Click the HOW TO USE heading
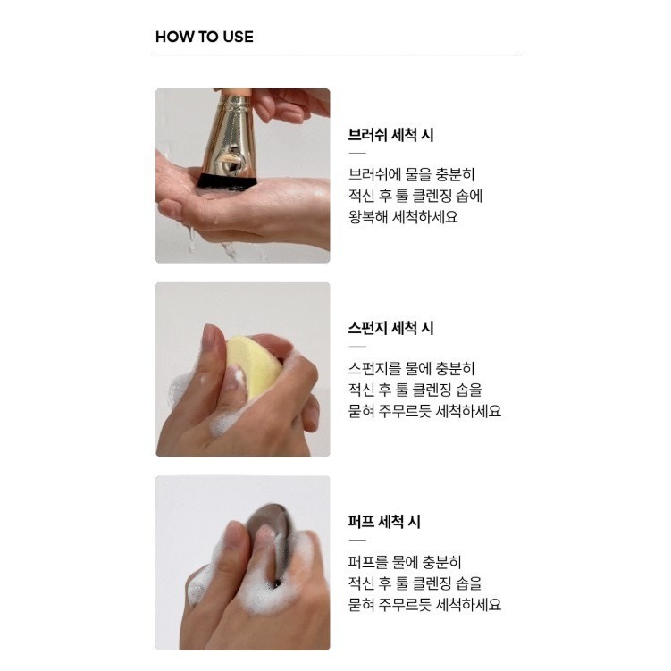tap(204, 37)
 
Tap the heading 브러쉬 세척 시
tap(390, 136)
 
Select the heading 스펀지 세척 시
tap(390, 328)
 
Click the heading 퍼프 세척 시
tap(384, 522)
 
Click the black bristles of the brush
tap(227, 181)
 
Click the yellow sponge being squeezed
tap(252, 365)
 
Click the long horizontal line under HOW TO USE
tap(339, 55)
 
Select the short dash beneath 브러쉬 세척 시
tap(356, 154)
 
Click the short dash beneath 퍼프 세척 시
tap(356, 540)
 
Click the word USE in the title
tap(238, 37)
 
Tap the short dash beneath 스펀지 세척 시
tap(356, 346)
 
